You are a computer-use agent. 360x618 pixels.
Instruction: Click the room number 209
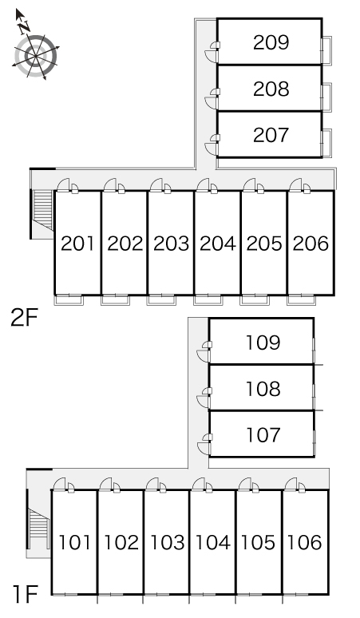click(271, 42)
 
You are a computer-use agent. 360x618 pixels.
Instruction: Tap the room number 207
click(271, 135)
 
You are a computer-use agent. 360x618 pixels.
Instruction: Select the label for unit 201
click(77, 244)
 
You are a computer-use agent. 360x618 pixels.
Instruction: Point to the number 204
click(217, 244)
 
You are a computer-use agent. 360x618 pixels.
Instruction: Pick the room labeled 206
click(311, 244)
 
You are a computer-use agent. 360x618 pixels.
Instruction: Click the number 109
click(263, 343)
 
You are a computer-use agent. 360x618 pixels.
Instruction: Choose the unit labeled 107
click(263, 435)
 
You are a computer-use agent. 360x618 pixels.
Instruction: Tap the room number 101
click(74, 543)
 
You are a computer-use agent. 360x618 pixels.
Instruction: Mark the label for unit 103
click(168, 543)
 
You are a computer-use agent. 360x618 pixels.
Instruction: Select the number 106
click(304, 543)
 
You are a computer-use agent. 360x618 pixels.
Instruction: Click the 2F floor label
click(24, 318)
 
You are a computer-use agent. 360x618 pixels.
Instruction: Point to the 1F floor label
click(26, 595)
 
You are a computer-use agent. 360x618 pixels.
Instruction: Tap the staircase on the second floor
click(43, 210)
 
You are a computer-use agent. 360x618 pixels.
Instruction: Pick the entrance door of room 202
click(111, 185)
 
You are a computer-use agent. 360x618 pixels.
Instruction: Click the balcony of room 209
click(327, 50)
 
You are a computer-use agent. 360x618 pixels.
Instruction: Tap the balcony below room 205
click(255, 300)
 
